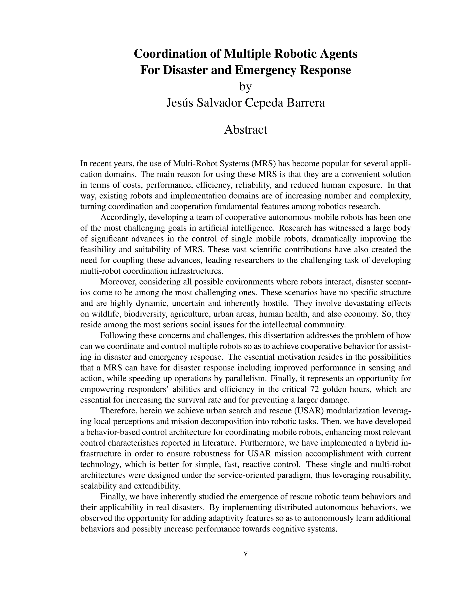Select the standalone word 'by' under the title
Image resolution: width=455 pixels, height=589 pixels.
click(245, 86)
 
